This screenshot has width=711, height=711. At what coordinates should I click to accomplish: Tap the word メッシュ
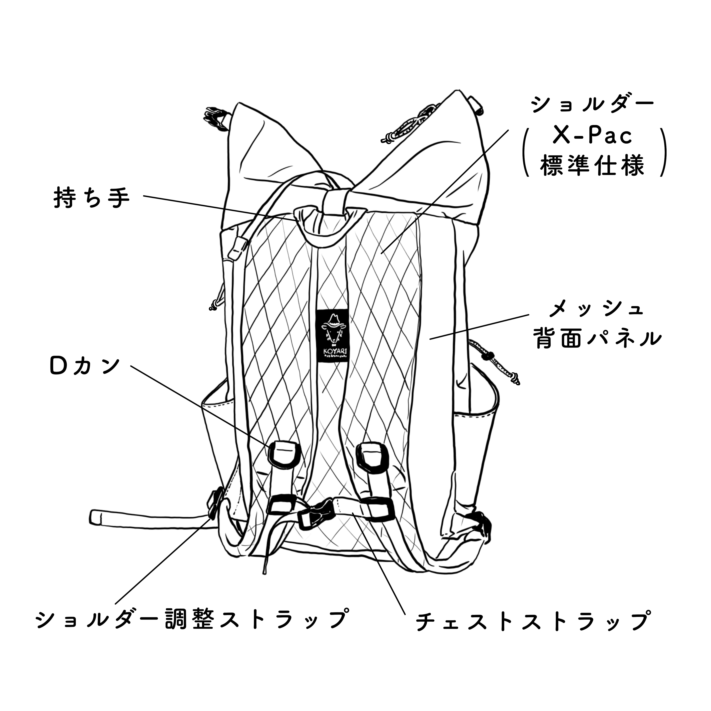(596, 309)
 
